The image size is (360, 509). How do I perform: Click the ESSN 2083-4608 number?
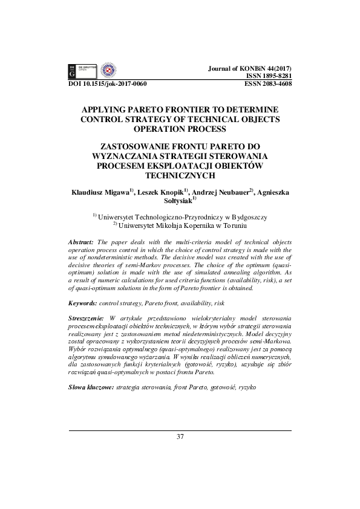pyautogui.click(x=269, y=84)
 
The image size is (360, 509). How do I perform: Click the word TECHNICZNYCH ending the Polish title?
pyautogui.click(x=180, y=176)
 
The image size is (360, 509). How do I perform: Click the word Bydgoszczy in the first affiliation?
pyautogui.click(x=247, y=216)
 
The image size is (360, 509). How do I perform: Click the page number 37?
pyautogui.click(x=180, y=436)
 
